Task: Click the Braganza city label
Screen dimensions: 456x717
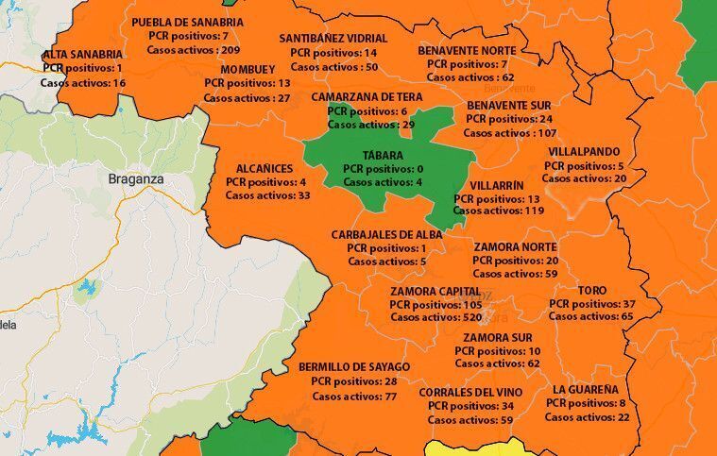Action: pos(136,177)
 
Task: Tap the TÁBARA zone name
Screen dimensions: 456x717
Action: pos(383,155)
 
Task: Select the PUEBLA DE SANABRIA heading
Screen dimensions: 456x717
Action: pos(187,22)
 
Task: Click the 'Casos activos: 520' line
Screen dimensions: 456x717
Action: pos(435,318)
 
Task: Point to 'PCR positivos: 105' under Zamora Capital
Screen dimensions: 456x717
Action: pos(435,305)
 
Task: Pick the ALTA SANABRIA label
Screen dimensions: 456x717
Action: pos(82,55)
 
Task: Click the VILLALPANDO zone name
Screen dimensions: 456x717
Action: pos(584,151)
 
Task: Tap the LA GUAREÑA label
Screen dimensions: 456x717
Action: pos(586,389)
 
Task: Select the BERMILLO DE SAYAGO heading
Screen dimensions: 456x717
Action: pos(354,366)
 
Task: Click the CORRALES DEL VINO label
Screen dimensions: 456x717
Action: pos(470,392)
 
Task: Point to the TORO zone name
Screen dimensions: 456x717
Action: pos(591,291)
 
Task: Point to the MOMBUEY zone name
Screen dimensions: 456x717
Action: pos(248,70)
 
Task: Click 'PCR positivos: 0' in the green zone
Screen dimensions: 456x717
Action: pos(383,168)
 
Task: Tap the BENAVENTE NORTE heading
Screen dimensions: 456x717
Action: pos(468,49)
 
